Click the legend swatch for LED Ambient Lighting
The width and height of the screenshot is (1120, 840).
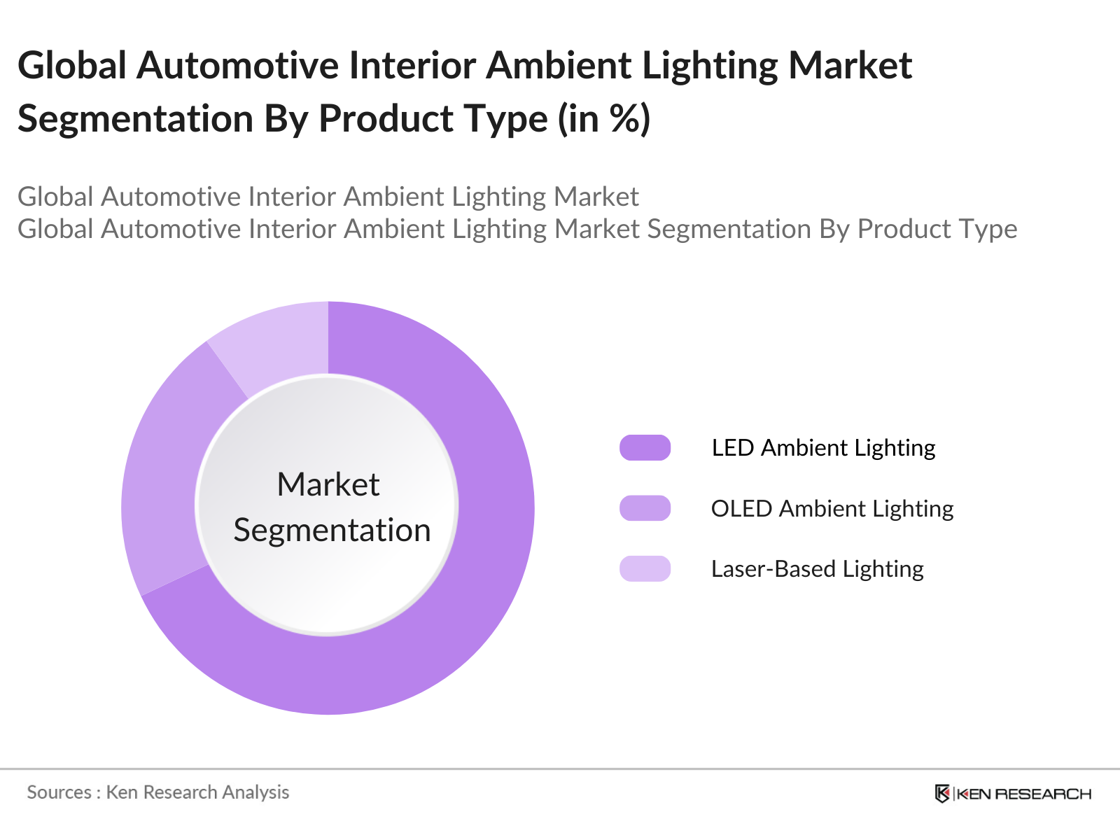point(645,447)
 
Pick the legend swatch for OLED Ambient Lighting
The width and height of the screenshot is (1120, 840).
point(645,508)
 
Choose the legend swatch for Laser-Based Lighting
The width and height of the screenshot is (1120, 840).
point(645,568)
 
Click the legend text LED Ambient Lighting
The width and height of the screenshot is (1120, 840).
point(823,447)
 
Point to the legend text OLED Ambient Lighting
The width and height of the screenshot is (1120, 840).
point(832,508)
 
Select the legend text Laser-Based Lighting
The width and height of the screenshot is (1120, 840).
point(817,568)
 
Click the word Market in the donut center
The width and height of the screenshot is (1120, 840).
point(328,484)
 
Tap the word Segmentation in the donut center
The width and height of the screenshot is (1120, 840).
point(332,530)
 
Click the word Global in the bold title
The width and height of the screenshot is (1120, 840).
point(72,66)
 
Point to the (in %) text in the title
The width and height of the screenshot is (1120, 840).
point(604,118)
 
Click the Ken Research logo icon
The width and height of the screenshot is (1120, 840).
point(942,793)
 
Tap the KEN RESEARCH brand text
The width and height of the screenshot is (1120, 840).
point(1023,794)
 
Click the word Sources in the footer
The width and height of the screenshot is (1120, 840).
point(59,792)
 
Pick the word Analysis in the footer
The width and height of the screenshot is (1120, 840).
point(255,792)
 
